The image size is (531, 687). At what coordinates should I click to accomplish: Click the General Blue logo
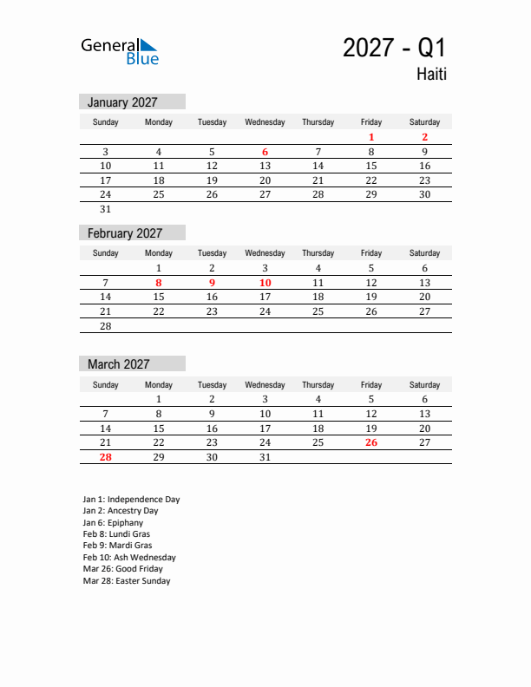tap(120, 51)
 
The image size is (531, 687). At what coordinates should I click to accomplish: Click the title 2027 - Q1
tap(394, 48)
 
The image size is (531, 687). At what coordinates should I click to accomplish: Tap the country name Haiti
tap(430, 75)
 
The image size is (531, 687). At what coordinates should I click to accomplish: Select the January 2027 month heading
tap(122, 102)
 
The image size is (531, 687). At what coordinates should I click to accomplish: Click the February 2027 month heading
tap(125, 233)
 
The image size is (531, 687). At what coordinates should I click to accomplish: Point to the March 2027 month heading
tap(119, 364)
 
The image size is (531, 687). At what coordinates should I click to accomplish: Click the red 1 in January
tap(371, 137)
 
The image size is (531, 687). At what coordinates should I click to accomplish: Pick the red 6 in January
tap(265, 152)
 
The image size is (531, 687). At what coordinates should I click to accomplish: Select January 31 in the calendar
tap(106, 209)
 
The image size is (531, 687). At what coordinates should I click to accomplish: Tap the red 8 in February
tap(159, 283)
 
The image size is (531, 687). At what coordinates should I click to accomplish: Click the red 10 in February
tap(265, 283)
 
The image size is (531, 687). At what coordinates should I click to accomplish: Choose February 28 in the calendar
tap(106, 326)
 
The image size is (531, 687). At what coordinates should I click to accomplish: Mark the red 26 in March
tap(371, 442)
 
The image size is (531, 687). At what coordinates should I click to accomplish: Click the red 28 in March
tap(106, 457)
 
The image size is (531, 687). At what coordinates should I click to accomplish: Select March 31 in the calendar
tap(265, 457)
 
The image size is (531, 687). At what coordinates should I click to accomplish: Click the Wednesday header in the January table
tap(265, 122)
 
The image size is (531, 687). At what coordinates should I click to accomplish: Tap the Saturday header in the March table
tap(424, 384)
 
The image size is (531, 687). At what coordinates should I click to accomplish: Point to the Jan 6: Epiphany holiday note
tap(114, 523)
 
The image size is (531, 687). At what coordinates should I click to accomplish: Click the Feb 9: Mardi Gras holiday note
tap(118, 546)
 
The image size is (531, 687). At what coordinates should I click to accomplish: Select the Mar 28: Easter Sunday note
tap(127, 581)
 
